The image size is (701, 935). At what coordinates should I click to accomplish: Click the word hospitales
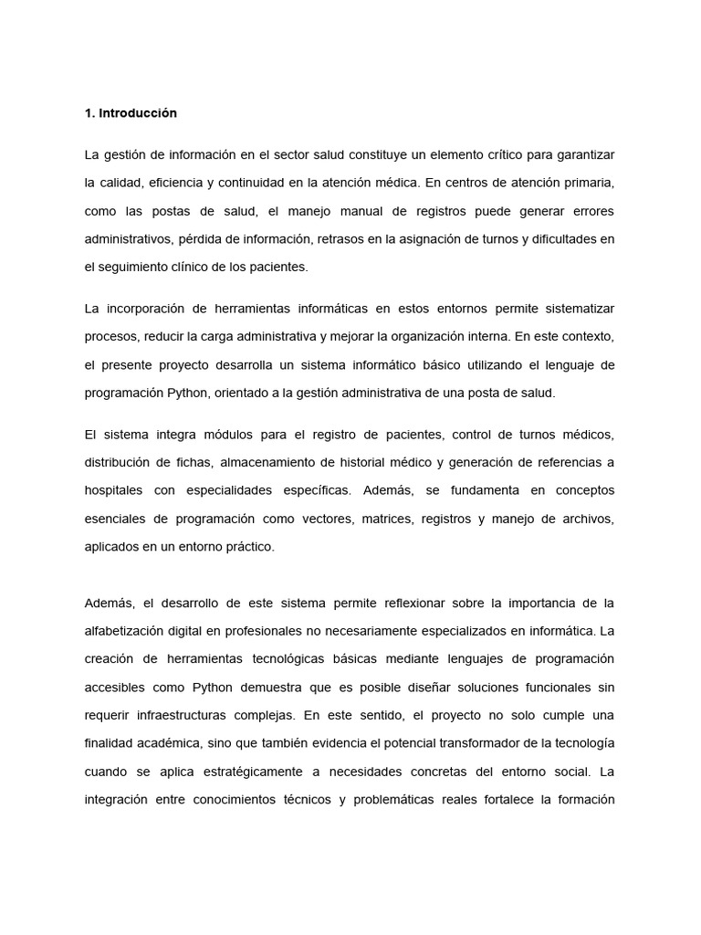click(x=113, y=490)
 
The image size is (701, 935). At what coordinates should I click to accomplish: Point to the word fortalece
click(x=505, y=801)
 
